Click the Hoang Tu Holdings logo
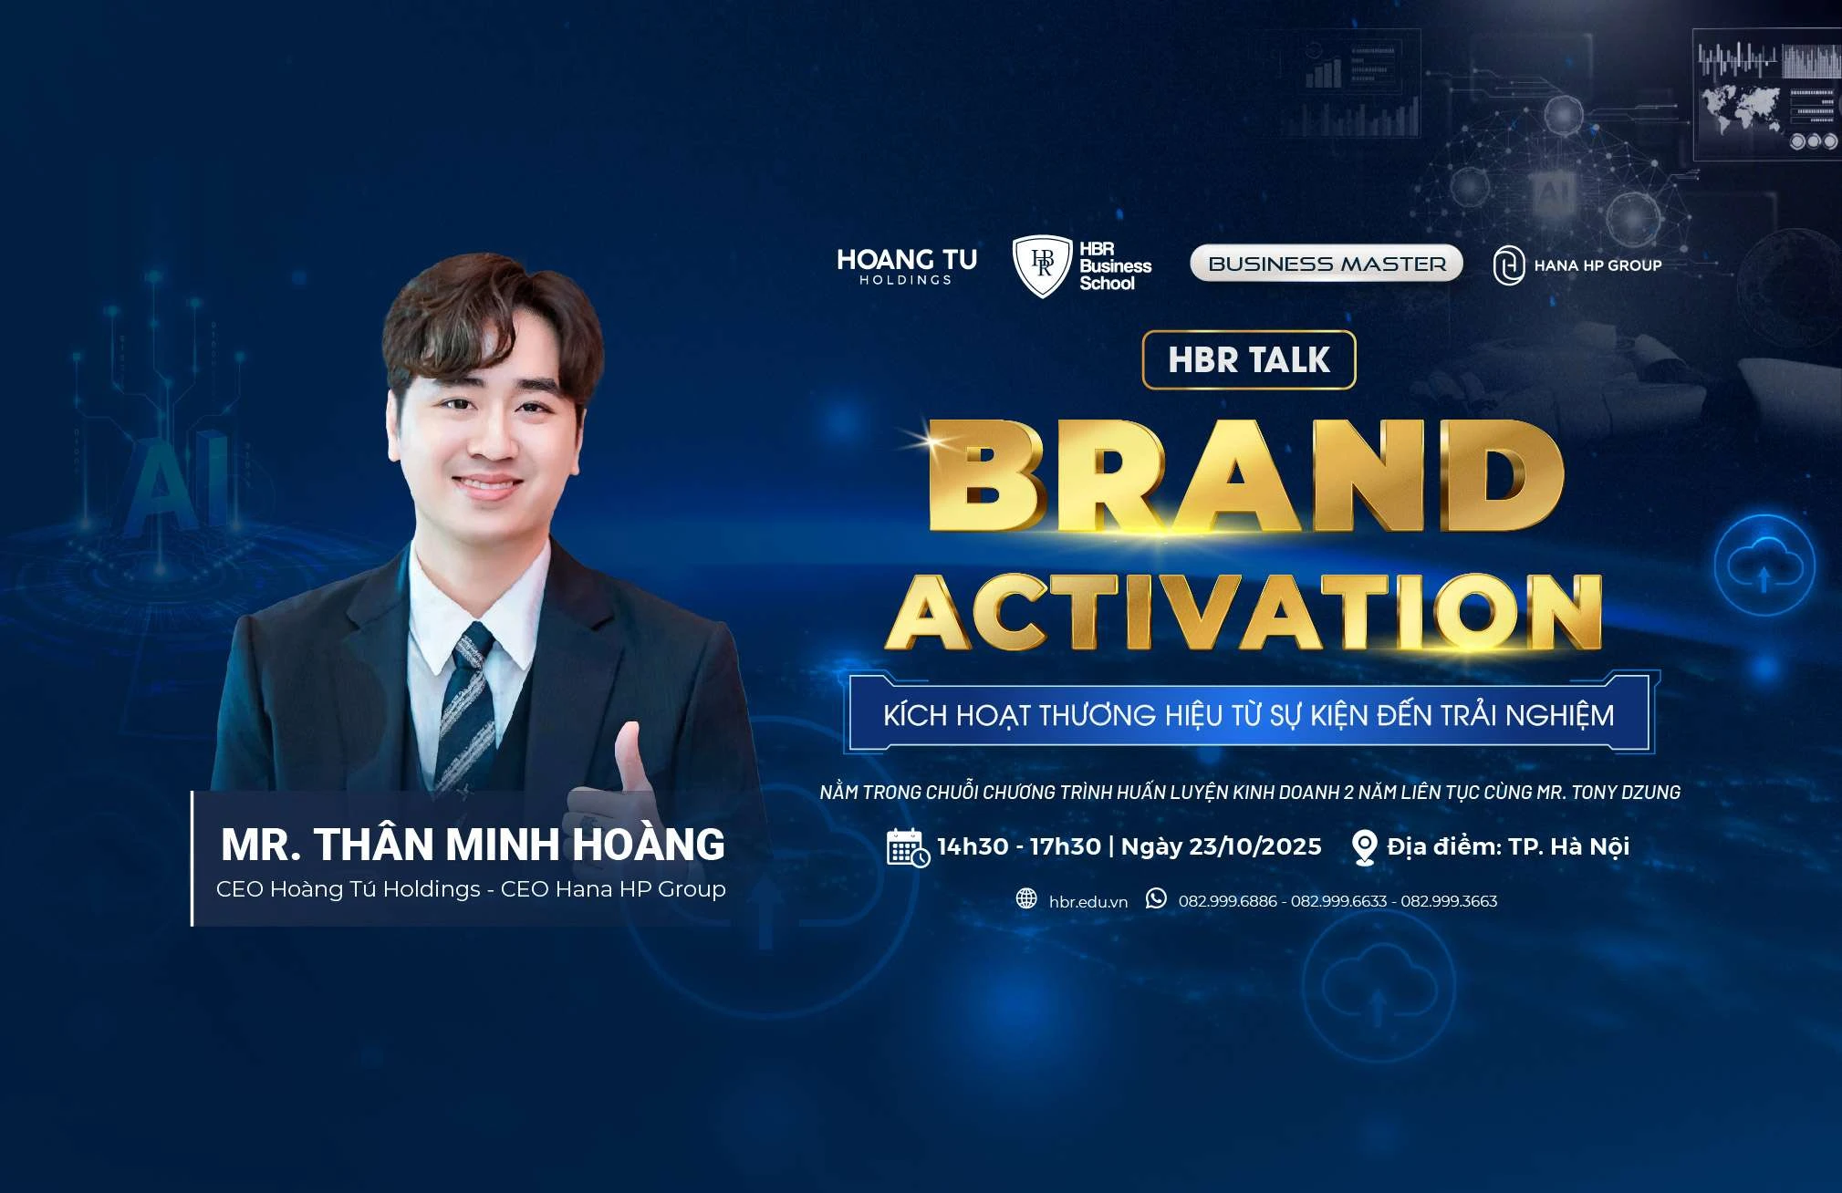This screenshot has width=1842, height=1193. (906, 265)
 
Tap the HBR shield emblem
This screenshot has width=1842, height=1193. (1042, 265)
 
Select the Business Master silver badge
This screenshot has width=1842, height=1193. (1327, 264)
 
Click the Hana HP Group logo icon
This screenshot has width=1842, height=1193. (1508, 265)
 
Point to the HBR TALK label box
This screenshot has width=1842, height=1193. (1249, 359)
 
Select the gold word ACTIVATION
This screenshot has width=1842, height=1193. (1244, 612)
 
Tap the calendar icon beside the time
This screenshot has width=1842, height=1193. (908, 847)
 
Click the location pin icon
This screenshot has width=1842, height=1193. (1364, 847)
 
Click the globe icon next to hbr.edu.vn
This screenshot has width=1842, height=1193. (1026, 899)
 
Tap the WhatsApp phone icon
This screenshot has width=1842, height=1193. (1156, 898)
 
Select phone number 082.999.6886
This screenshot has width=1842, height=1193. (1227, 901)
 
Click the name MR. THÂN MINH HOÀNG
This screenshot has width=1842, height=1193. (473, 845)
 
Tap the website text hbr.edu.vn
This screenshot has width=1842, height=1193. (1088, 902)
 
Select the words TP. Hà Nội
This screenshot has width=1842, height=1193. (1568, 846)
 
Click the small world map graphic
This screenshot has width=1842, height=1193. (1739, 108)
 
